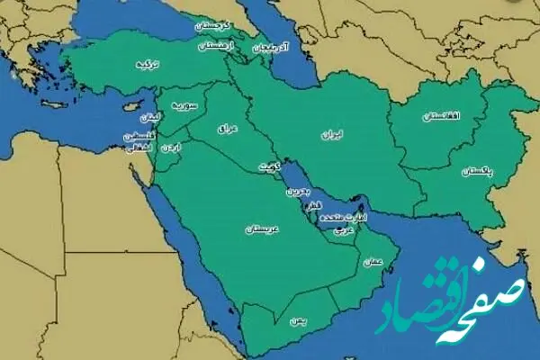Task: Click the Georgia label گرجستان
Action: (214, 26)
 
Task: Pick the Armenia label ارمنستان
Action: (218, 44)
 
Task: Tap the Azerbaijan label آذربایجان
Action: (271, 46)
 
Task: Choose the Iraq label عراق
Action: (226, 130)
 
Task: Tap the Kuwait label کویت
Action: (269, 167)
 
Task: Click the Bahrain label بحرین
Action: (296, 191)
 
